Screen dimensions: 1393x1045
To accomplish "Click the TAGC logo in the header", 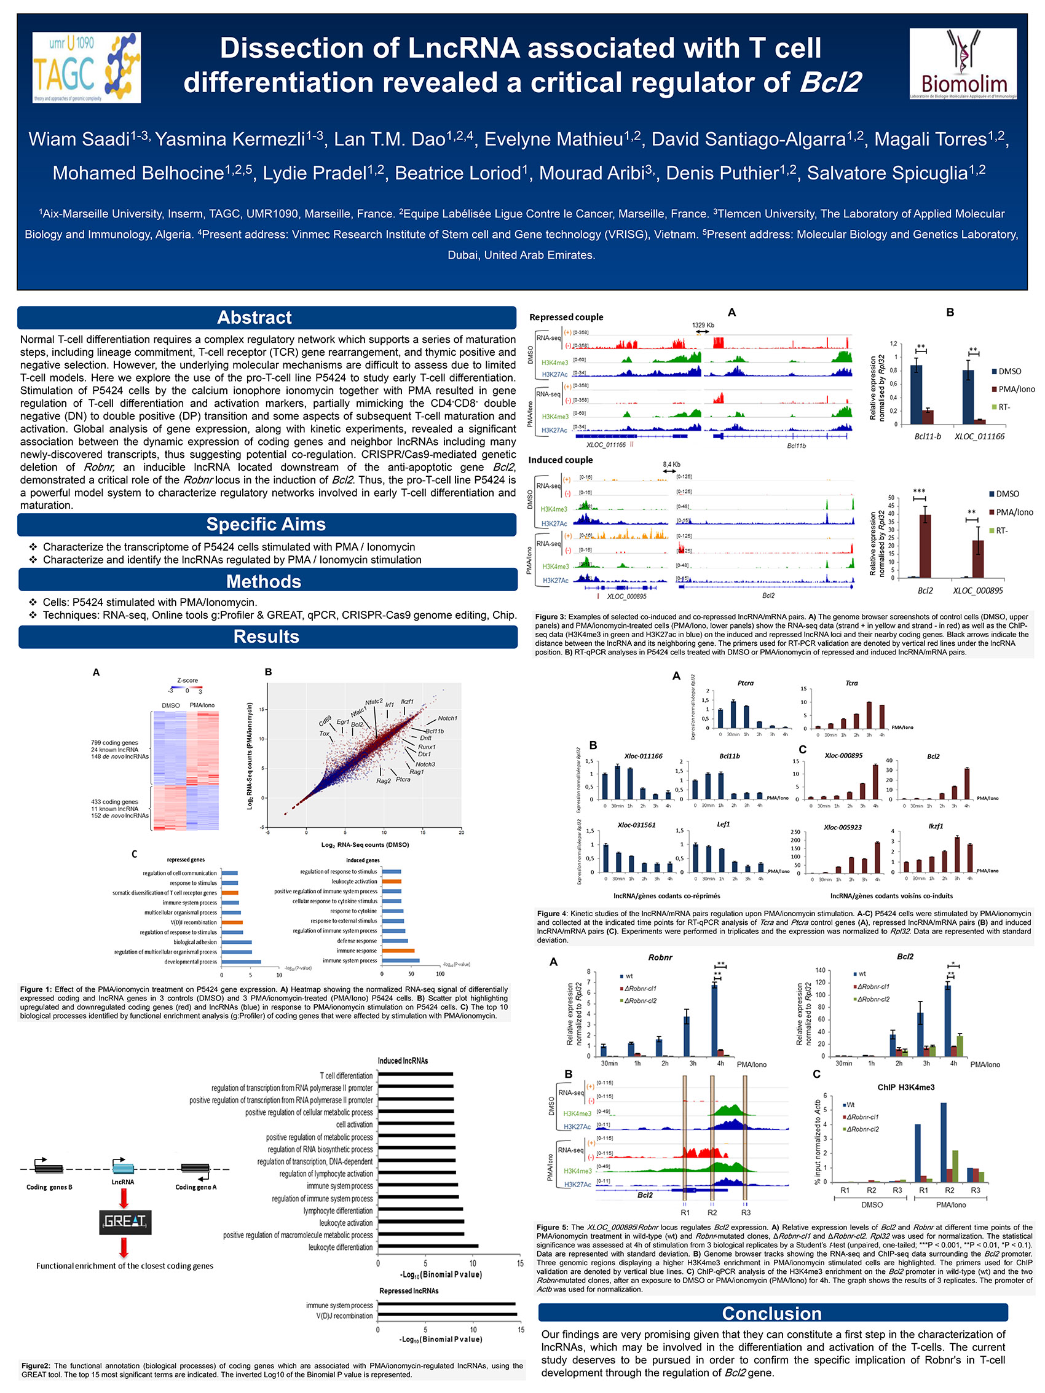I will tap(86, 68).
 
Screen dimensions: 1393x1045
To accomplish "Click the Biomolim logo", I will tap(963, 64).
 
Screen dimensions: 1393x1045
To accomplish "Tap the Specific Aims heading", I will tap(266, 525).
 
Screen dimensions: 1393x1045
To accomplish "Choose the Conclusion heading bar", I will tap(772, 1313).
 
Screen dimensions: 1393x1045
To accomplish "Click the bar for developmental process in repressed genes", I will tap(240, 962).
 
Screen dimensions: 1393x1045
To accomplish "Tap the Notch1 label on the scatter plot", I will tap(448, 718).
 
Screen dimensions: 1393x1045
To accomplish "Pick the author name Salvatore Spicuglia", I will tap(896, 173).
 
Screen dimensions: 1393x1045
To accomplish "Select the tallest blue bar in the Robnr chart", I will tap(714, 1019).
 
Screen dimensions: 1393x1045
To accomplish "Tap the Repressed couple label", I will tap(566, 318).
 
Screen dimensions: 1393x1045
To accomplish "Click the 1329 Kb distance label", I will tap(703, 325).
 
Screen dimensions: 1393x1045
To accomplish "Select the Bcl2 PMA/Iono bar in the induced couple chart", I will tap(925, 546).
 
